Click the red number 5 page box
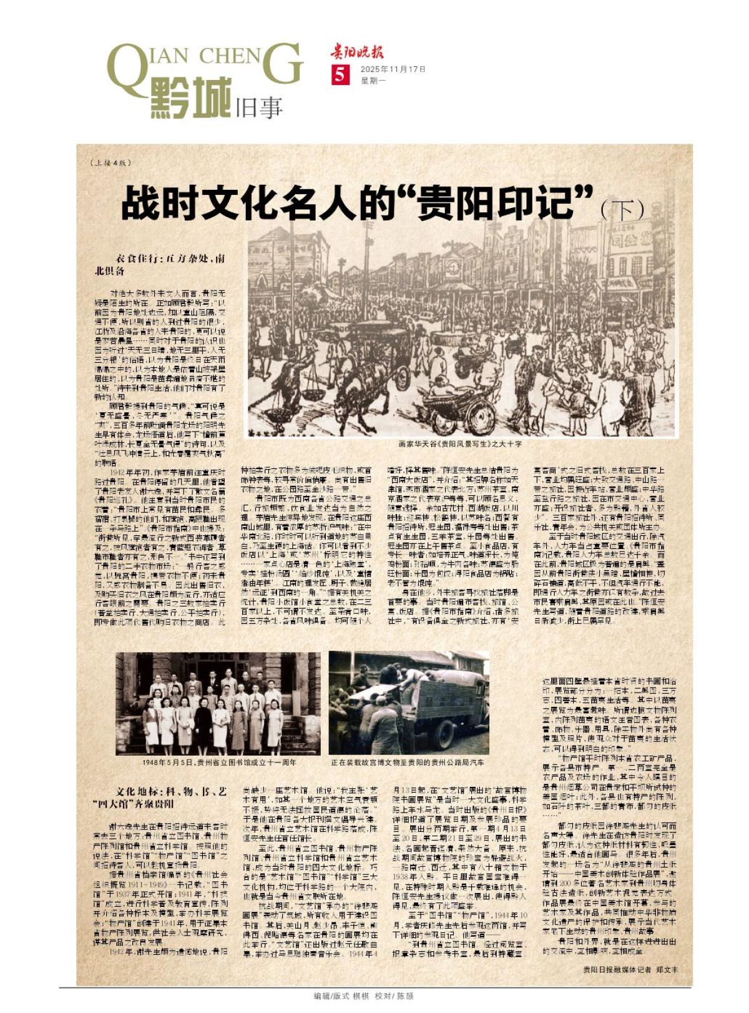[x=339, y=75]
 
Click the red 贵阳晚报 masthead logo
[x=356, y=52]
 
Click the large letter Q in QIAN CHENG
[x=127, y=66]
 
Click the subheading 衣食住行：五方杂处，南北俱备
[x=159, y=265]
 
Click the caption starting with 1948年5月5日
[x=215, y=763]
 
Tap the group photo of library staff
[x=218, y=703]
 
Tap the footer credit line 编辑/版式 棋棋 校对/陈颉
[x=363, y=996]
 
